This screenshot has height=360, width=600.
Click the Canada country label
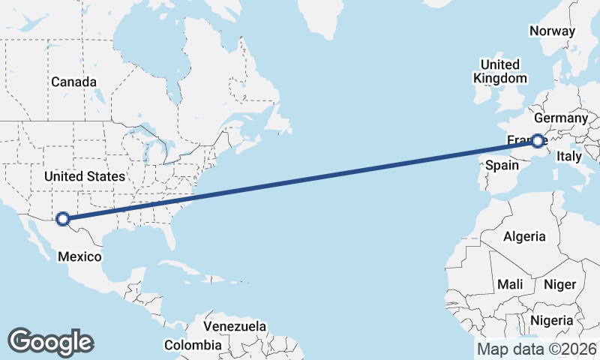(73, 82)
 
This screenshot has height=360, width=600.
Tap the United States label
(84, 176)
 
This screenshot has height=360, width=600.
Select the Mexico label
(79, 256)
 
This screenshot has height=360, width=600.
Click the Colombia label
(193, 345)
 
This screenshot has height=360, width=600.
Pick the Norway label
(552, 31)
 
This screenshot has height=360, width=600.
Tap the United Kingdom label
(499, 71)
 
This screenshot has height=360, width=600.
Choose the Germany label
(560, 118)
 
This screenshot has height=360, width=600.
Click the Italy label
(568, 157)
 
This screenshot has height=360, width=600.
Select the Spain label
(502, 165)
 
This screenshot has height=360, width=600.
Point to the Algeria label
(524, 236)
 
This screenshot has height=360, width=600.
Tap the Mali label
(510, 284)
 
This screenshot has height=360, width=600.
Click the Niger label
(559, 284)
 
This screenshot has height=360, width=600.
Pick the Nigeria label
(551, 321)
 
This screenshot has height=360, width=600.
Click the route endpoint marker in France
(538, 140)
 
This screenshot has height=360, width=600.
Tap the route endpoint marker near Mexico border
(63, 219)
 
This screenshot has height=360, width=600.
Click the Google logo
(50, 341)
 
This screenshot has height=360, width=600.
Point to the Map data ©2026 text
(536, 349)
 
